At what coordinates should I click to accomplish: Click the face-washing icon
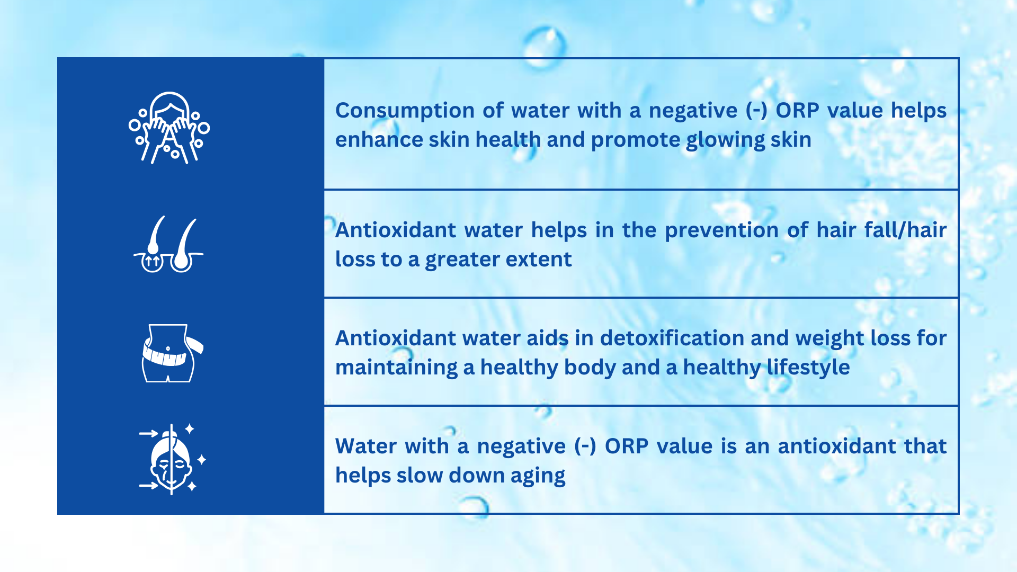(x=169, y=128)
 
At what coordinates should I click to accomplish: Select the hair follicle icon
(x=168, y=244)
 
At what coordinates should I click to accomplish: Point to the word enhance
(x=379, y=140)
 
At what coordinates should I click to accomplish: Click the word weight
(x=829, y=339)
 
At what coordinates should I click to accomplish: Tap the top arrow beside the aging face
(x=149, y=433)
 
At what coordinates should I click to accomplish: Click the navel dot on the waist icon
(x=168, y=348)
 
